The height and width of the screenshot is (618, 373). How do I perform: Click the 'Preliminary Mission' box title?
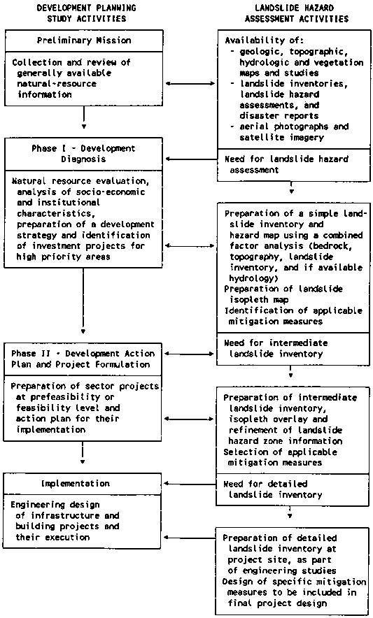(x=84, y=41)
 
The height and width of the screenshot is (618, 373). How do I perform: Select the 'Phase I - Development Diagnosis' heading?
(x=83, y=154)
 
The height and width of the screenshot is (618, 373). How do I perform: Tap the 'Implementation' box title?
(x=76, y=484)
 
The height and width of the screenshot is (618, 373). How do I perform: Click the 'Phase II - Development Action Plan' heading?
(x=83, y=359)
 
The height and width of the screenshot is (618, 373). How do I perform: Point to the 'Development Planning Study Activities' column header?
(x=87, y=13)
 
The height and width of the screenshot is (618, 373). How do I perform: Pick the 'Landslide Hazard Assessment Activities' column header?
(x=297, y=13)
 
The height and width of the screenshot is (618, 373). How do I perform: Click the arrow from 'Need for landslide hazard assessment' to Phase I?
(x=192, y=159)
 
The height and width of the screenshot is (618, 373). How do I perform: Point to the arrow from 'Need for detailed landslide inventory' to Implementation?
(x=190, y=484)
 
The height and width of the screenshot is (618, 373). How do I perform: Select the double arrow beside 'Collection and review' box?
(x=190, y=83)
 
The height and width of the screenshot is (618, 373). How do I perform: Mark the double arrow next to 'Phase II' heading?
(x=190, y=354)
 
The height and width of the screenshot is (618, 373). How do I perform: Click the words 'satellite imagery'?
(x=281, y=138)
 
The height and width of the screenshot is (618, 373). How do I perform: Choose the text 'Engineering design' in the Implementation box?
(x=55, y=505)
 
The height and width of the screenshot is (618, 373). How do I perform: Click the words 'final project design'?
(x=277, y=603)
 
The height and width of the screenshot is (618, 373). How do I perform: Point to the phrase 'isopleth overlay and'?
(x=278, y=419)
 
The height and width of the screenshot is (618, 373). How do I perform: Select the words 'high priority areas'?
(x=63, y=257)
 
